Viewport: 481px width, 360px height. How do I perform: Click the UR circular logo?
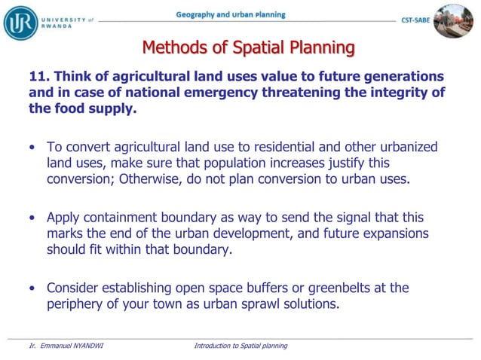(x=20, y=22)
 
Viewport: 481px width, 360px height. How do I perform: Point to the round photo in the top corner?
(x=453, y=20)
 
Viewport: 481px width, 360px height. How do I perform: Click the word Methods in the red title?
(x=174, y=48)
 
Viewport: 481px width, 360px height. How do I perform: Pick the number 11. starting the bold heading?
(x=39, y=77)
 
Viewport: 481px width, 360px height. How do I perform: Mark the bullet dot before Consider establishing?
(x=32, y=288)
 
